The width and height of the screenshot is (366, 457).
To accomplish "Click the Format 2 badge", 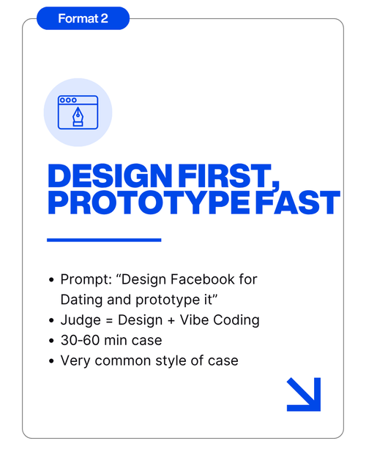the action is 83,18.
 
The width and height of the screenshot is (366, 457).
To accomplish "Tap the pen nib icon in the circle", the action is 78,116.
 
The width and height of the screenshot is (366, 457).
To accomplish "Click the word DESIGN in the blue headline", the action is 110,175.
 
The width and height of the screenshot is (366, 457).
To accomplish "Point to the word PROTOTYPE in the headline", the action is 149,203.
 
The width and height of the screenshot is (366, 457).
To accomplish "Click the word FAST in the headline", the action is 298,203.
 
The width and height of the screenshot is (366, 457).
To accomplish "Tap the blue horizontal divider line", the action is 104,240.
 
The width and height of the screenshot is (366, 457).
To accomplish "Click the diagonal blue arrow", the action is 304,394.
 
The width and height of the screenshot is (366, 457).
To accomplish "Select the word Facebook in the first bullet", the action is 203,279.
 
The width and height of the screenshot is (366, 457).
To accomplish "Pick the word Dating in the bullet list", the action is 81,301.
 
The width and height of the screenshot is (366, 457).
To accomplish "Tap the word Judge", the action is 81,320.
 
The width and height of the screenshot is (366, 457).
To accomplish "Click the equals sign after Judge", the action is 109,320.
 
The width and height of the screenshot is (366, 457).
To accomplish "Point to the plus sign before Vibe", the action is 171,320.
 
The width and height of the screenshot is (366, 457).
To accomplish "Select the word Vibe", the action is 194,320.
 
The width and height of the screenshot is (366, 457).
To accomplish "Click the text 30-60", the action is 80,340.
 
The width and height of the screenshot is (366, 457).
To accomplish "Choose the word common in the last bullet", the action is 123,361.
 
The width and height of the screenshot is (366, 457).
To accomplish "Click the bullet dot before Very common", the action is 52,360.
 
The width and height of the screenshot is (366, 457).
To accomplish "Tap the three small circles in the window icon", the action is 68,100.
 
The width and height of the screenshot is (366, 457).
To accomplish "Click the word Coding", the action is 236,320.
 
